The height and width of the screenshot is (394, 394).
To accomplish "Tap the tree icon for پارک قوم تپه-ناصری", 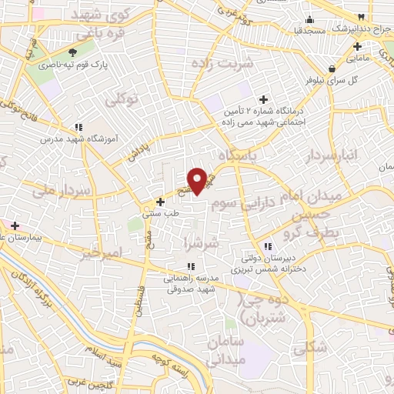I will coord(73,52).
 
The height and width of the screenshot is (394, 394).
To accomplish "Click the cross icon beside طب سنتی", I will coord(160,202).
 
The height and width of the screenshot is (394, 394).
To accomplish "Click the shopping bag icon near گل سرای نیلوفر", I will coord(331,67).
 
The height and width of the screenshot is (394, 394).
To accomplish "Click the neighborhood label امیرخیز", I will coord(101,252).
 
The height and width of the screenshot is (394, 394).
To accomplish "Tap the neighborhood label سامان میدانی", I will coord(225,350).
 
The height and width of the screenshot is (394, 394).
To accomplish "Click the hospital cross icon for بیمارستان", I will coord(14,225).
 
